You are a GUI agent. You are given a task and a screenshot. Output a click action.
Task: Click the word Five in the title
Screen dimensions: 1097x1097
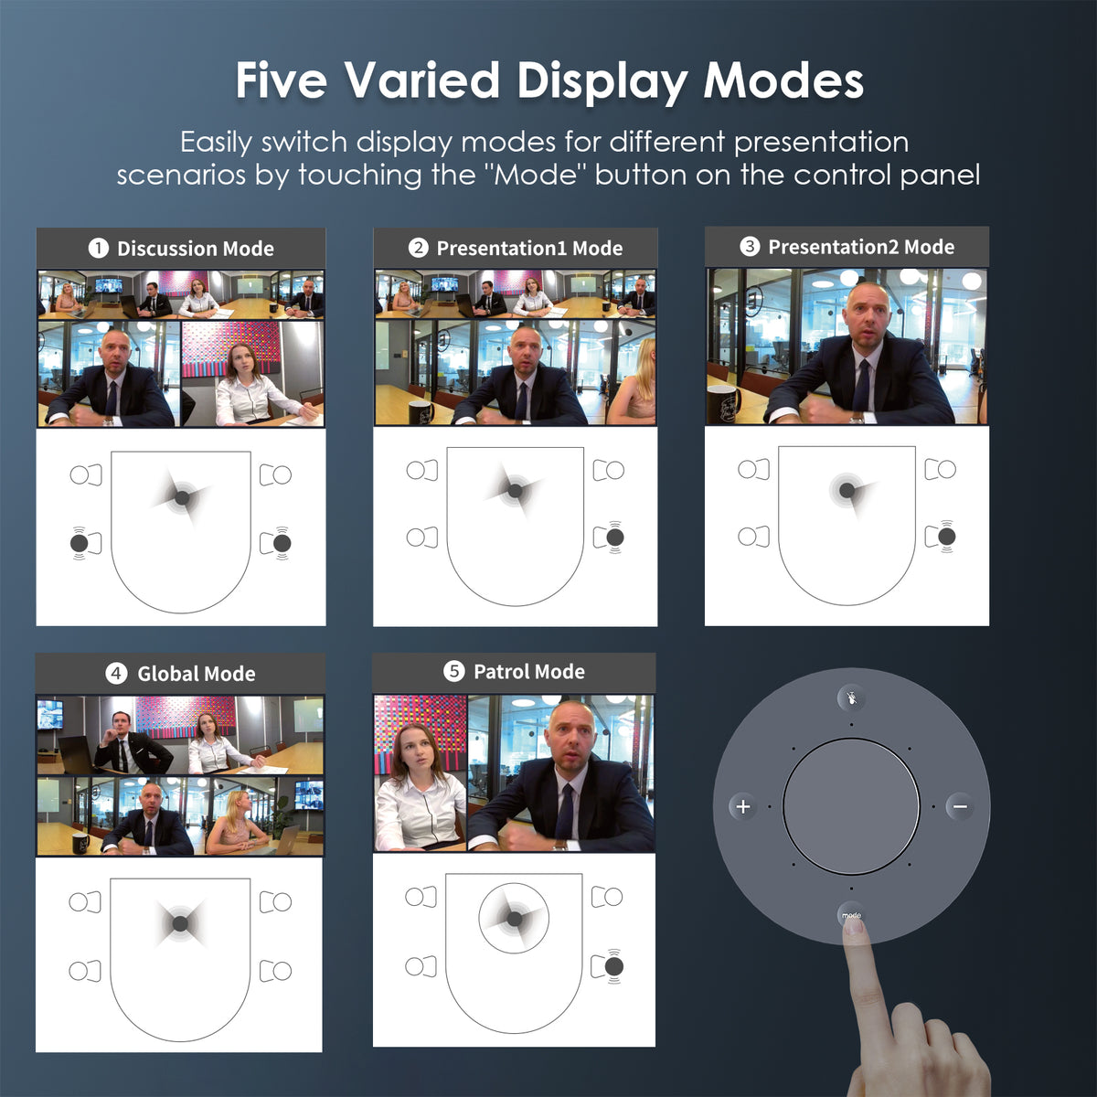282,80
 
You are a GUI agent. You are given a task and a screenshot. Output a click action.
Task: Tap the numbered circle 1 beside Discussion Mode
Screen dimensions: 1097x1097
99,249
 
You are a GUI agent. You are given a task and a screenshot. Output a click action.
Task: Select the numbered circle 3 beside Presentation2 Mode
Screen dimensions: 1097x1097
750,247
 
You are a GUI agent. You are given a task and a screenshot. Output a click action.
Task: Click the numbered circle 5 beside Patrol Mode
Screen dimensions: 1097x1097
453,671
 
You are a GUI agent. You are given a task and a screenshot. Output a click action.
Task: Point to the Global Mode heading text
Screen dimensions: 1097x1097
197,674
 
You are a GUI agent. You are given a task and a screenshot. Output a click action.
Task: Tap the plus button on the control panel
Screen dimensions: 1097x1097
743,806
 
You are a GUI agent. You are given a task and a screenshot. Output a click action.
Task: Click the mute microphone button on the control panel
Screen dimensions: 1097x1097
852,698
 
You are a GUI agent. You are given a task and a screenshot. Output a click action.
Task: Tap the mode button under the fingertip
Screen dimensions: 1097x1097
852,915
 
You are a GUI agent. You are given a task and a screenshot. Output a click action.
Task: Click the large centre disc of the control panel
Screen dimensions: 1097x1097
851,806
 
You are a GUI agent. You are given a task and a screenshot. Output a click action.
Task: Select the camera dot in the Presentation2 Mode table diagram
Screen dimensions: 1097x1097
847,490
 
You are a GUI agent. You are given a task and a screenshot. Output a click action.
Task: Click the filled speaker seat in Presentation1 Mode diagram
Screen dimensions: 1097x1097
615,537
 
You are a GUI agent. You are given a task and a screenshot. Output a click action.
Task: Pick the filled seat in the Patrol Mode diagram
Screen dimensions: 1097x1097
613,966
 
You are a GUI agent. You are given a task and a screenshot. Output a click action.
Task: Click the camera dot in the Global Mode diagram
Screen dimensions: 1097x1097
180,923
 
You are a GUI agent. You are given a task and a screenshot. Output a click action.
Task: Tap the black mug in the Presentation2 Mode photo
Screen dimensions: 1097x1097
722,404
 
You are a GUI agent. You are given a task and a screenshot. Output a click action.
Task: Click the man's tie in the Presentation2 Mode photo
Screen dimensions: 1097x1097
861,386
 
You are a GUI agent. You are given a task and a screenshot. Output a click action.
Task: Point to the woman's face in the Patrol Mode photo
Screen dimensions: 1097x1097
417,751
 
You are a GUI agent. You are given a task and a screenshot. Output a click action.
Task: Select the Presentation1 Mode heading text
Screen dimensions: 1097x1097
529,249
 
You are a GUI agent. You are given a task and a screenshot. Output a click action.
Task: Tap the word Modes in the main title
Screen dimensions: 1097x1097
783,80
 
